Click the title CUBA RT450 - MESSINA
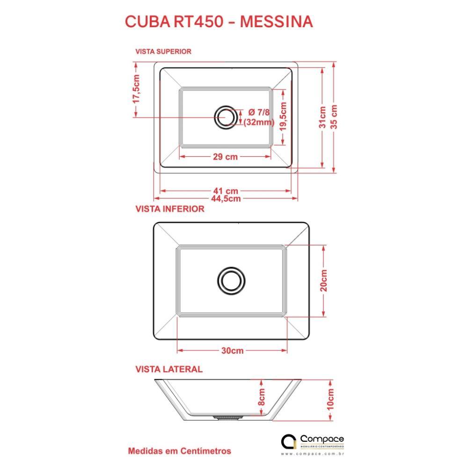pos(219,22)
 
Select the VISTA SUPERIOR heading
pos(163,51)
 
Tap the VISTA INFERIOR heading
pos(170,209)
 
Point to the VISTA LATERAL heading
pos(169,369)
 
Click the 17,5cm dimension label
pos(136,89)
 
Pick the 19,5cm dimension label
pos(283,117)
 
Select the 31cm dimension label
pos(322,117)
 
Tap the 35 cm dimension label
pos(334,117)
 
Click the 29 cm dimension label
pos(226,156)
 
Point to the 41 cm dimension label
pos(226,191)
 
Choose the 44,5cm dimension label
pos(226,198)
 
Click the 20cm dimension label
pos(323,280)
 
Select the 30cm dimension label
pos(232,351)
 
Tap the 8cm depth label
pos(261,397)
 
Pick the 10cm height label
pos(330,399)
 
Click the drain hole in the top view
pos(226,117)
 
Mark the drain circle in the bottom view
pos(231,281)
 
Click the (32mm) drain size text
pos(259,122)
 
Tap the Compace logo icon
pos(288,441)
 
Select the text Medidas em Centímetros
pos(180,451)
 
